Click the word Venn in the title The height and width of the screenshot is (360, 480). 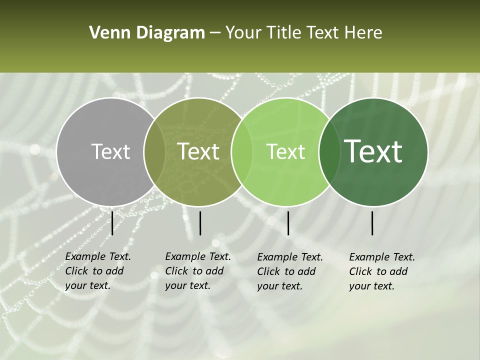106,33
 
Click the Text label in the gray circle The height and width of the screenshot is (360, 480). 110,151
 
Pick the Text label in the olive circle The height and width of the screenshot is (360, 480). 198,151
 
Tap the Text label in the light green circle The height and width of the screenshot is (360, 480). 286,151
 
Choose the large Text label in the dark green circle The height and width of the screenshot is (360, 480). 373,151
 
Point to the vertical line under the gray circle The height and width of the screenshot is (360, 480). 112,223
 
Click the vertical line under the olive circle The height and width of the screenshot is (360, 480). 200,223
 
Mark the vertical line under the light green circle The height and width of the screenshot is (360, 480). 288,223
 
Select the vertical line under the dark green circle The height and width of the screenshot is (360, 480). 372,223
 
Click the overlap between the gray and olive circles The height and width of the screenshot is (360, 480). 154,151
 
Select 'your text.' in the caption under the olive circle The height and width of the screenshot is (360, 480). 187,286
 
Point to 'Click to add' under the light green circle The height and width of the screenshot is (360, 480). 286,271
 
